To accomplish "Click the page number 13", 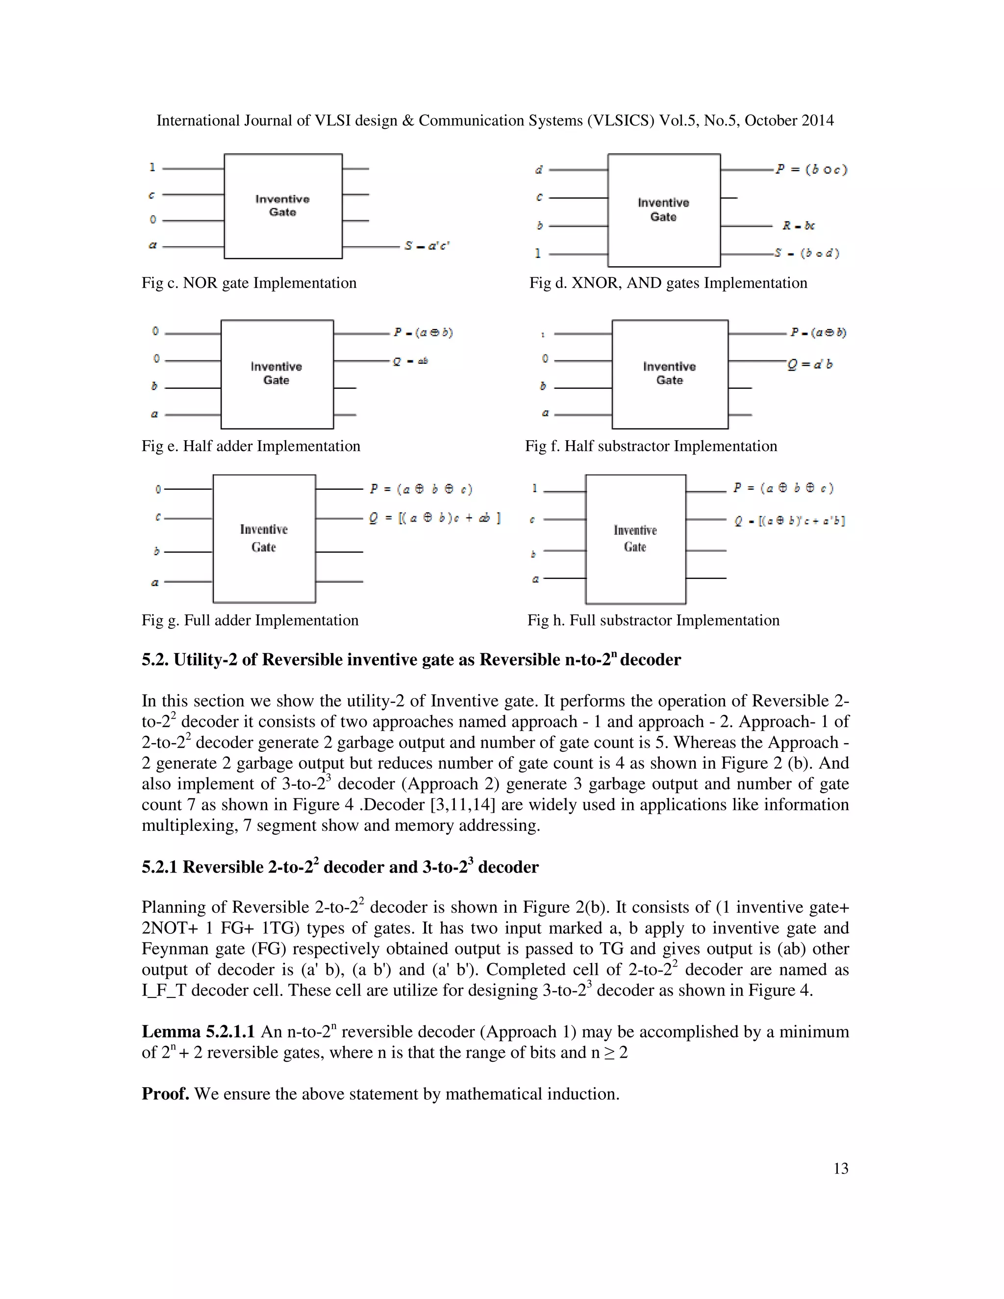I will (840, 1169).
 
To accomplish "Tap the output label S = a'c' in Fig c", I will (427, 246).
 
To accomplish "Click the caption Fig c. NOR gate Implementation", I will (249, 283).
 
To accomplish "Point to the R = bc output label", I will (798, 225).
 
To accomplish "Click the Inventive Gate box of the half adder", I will (276, 374).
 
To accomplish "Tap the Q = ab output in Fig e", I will (410, 361).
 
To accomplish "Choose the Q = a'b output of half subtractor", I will (810, 364).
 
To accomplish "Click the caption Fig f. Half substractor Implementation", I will (651, 446).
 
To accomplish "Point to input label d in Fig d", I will (539, 170).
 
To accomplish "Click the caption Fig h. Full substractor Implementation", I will (653, 621).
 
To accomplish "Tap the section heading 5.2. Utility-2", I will (410, 660).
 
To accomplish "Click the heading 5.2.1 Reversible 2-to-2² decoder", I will (340, 867).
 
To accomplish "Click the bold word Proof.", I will (165, 1094).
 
